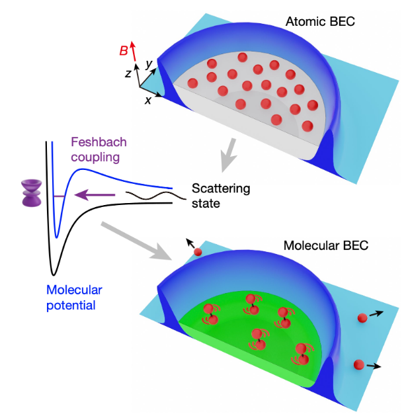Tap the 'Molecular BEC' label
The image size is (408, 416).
pos(325,245)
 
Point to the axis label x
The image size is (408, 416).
pos(147,100)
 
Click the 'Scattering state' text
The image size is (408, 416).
pos(221,196)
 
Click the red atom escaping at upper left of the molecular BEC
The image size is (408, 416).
pos(197,253)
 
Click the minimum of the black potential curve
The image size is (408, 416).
pos(53,271)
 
